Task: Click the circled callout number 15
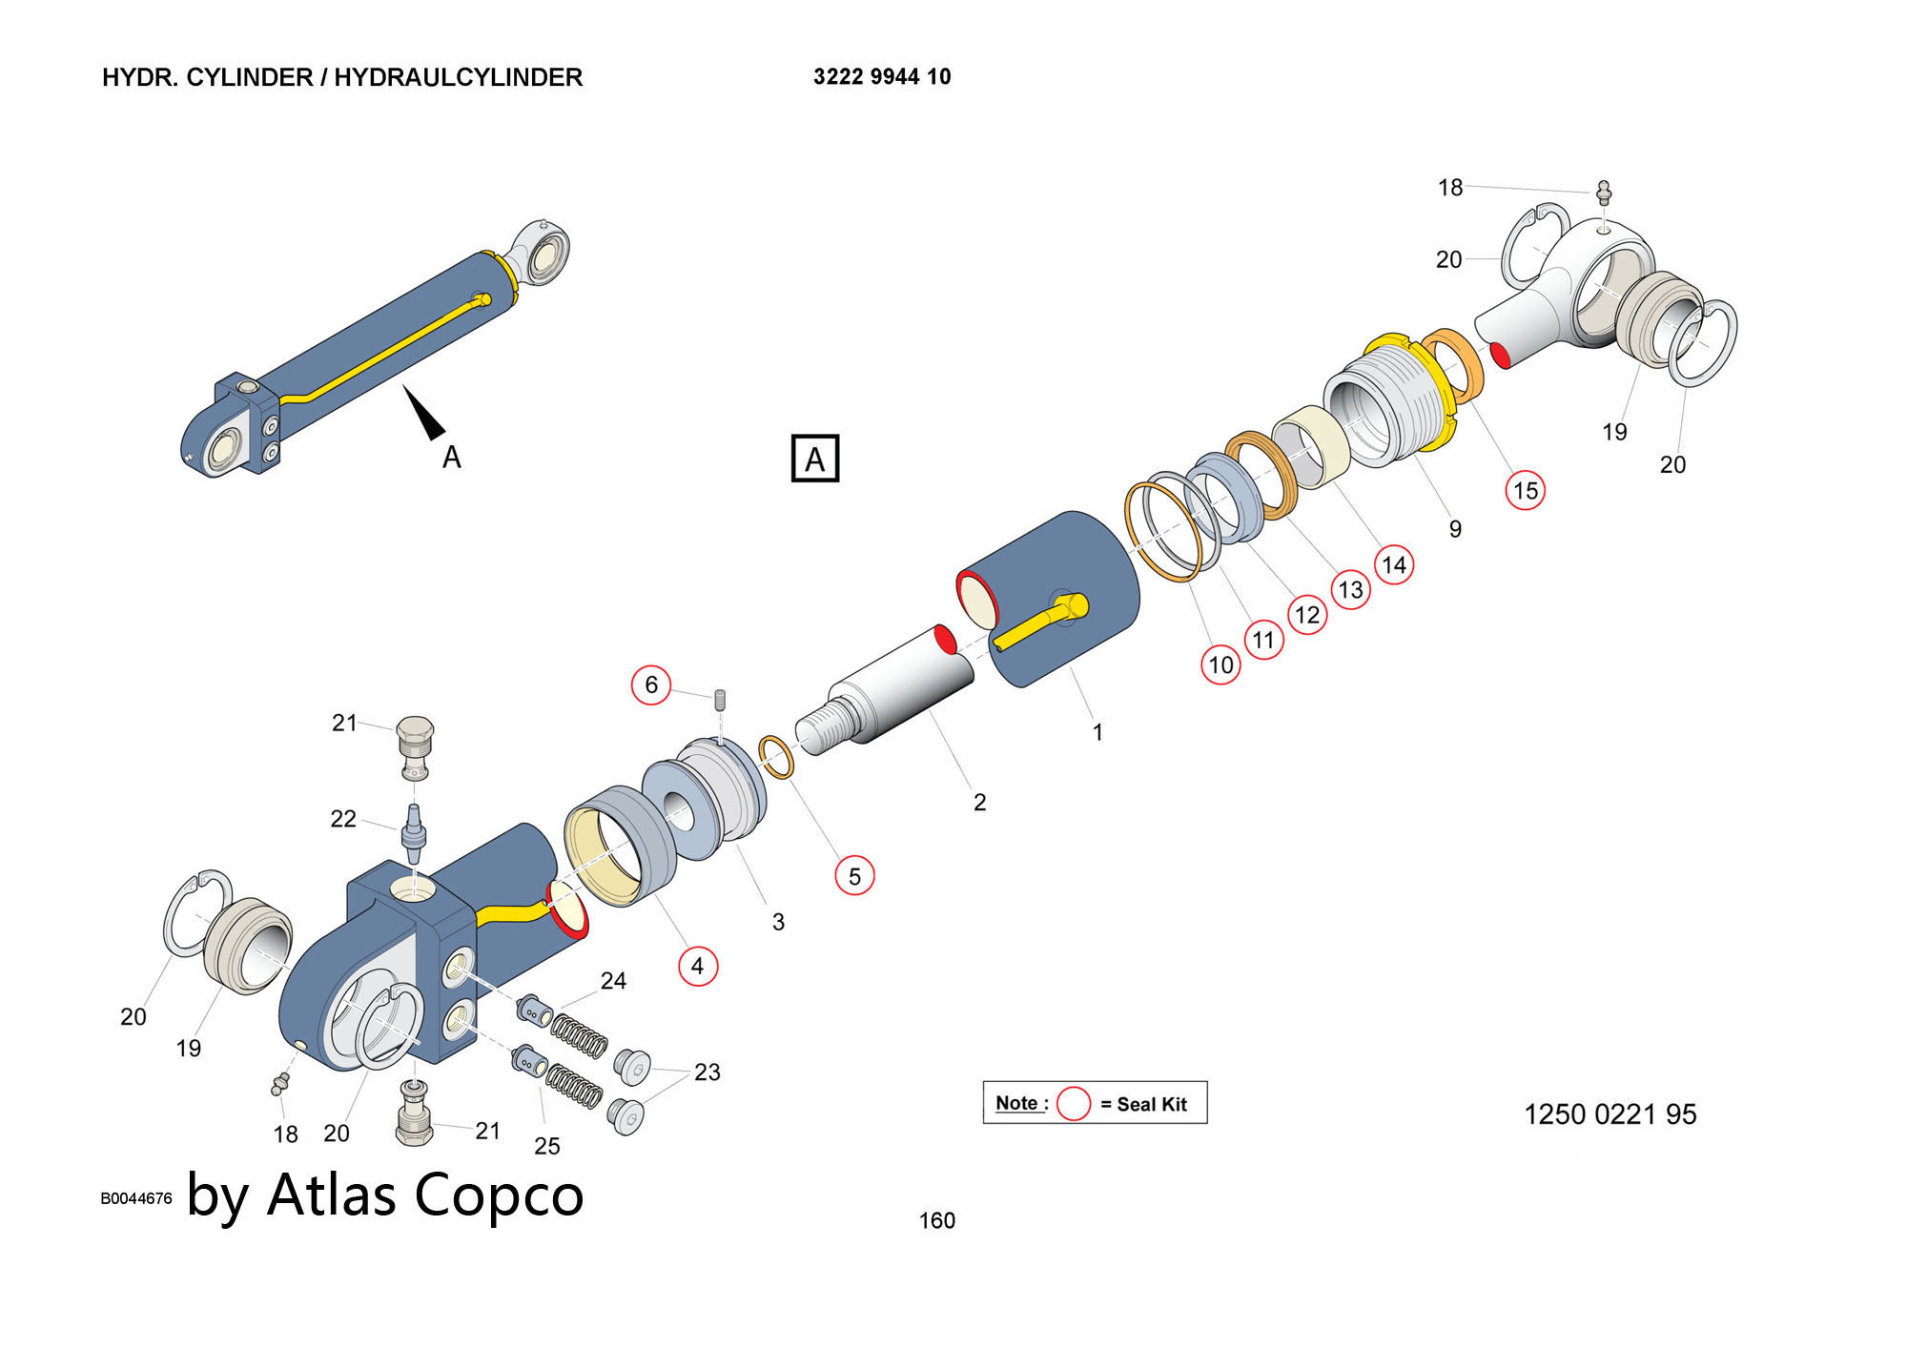[1525, 490]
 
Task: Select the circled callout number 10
[1220, 664]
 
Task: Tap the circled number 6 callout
[651, 684]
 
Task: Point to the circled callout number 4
[697, 966]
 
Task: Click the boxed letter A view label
[815, 459]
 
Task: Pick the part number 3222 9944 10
[882, 76]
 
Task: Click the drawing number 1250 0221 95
[1610, 1114]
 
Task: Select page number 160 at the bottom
[936, 1220]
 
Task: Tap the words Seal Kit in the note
[1152, 1104]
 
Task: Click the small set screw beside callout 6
[721, 699]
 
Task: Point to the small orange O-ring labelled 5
[777, 757]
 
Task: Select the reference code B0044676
[136, 1198]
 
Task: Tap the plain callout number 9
[1455, 529]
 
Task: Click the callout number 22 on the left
[343, 819]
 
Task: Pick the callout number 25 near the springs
[547, 1146]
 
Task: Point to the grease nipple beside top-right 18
[1604, 193]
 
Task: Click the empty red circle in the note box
[1074, 1103]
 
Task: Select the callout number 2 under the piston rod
[979, 803]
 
